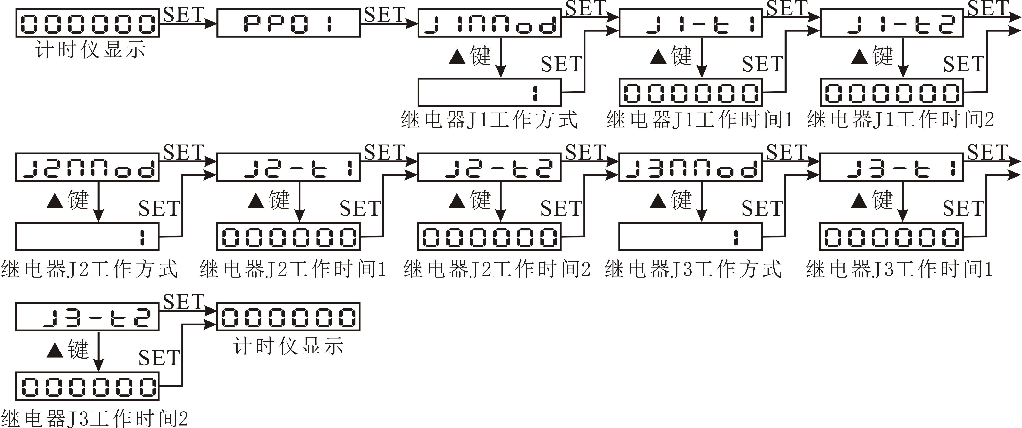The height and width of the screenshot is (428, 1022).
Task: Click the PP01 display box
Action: (x=288, y=24)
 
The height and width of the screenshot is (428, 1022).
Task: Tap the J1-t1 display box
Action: (x=690, y=24)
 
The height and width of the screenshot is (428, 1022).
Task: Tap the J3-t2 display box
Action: (x=87, y=317)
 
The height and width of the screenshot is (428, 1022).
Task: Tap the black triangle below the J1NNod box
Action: (x=457, y=56)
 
